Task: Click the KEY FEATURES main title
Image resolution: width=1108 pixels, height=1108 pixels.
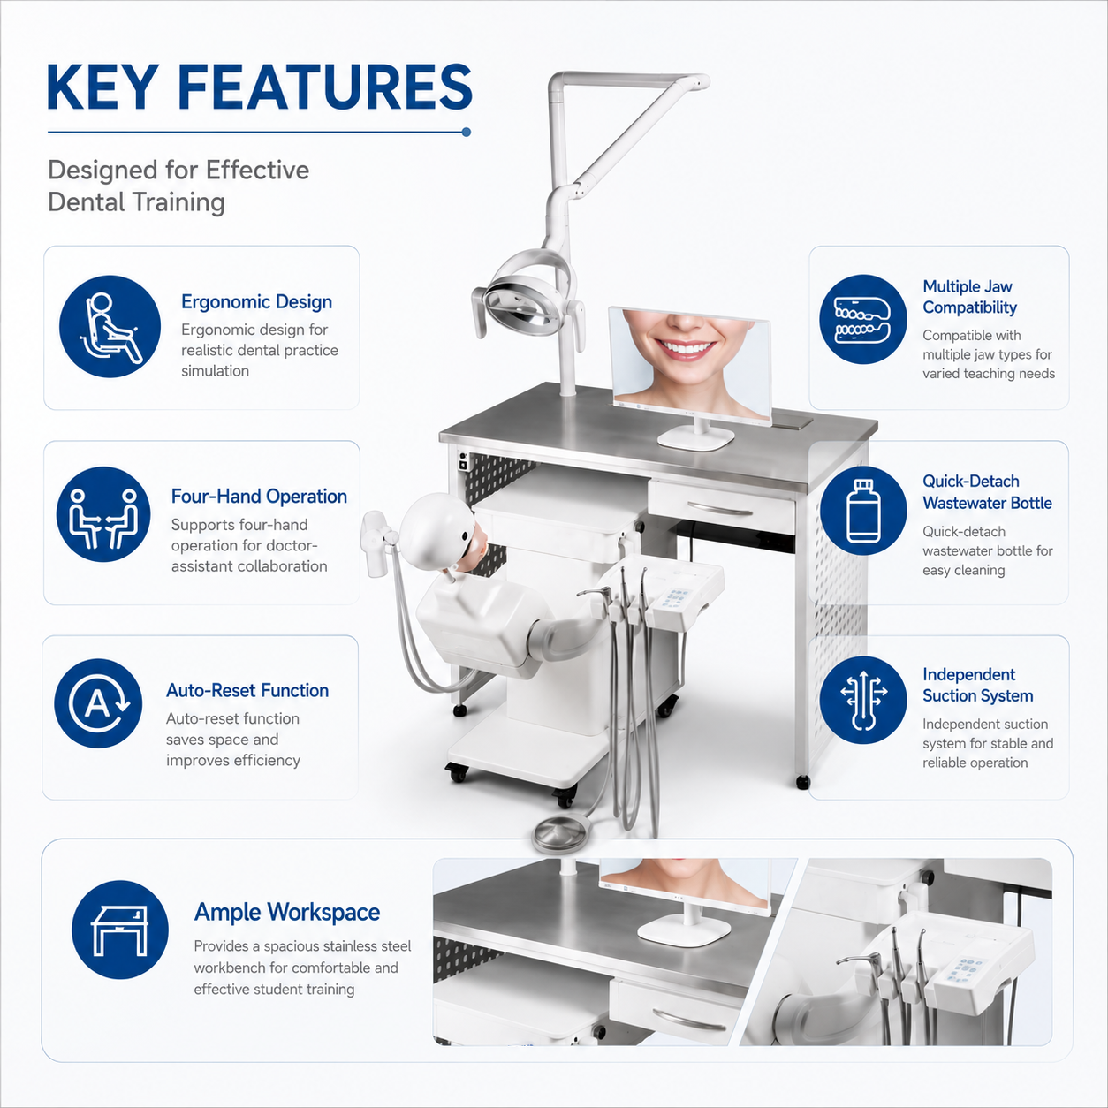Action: pos(259,87)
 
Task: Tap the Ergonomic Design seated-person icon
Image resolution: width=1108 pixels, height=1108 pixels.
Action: pos(110,326)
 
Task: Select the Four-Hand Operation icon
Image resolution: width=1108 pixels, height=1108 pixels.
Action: pos(103,514)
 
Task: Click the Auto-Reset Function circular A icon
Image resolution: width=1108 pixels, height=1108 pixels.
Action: pos(98,703)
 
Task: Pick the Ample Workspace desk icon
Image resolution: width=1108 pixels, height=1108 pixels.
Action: pos(120,930)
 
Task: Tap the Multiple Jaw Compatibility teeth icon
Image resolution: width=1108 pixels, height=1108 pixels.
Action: pos(863,319)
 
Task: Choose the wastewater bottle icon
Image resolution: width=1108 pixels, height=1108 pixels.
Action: pos(863,510)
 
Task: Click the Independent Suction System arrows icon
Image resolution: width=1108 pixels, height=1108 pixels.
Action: pos(863,700)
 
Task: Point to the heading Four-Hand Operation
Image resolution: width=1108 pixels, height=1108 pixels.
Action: pos(259,497)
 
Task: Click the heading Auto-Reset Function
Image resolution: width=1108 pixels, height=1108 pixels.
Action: pos(247,690)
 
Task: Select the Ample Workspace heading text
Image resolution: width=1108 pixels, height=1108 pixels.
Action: pos(287,912)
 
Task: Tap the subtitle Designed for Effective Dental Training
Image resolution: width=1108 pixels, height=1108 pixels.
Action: pos(178,186)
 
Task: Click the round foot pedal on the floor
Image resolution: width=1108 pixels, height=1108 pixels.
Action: pos(562,831)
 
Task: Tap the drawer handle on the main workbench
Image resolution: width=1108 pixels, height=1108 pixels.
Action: pos(720,509)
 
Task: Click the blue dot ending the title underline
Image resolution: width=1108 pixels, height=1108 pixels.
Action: pos(467,133)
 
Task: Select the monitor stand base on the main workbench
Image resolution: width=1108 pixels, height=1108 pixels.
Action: pos(695,438)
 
